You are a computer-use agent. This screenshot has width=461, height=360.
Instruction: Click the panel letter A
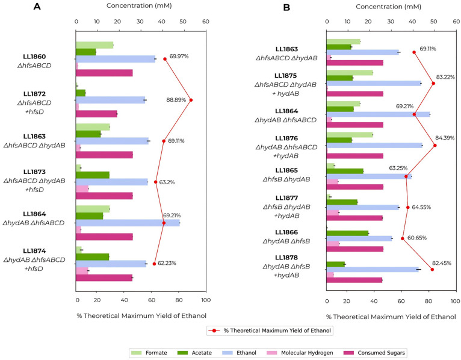point(37,7)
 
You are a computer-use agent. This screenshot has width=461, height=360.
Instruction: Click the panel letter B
point(286,7)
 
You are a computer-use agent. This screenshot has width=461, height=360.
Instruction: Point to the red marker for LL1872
point(191,100)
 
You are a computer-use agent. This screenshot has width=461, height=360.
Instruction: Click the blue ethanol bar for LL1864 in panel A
point(128,223)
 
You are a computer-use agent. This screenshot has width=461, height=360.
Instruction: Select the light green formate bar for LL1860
point(94,45)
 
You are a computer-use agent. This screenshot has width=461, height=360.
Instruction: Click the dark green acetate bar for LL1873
point(93,175)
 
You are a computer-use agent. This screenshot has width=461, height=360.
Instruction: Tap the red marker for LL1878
point(432,269)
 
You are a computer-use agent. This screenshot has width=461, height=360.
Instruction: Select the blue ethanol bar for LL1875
point(373,83)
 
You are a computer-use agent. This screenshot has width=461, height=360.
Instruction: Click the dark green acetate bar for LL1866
point(347,233)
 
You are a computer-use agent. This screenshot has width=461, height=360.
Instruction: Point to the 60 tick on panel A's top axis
point(205,20)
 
